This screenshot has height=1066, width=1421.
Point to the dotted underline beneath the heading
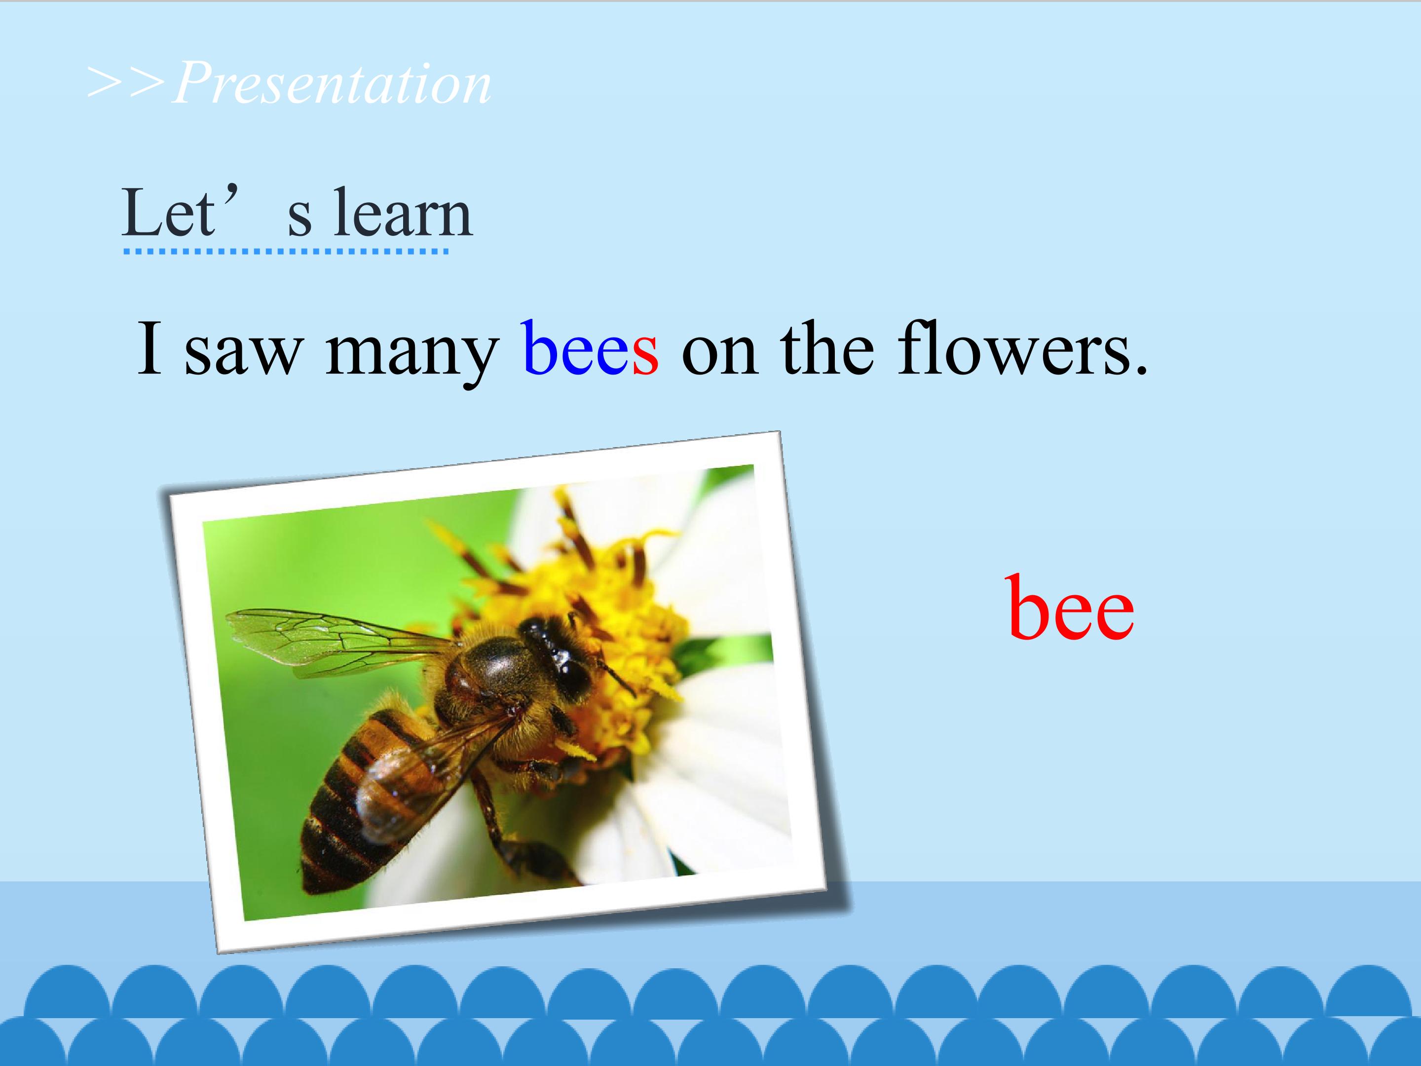pos(286,251)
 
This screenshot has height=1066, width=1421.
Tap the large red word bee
pos(1071,607)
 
